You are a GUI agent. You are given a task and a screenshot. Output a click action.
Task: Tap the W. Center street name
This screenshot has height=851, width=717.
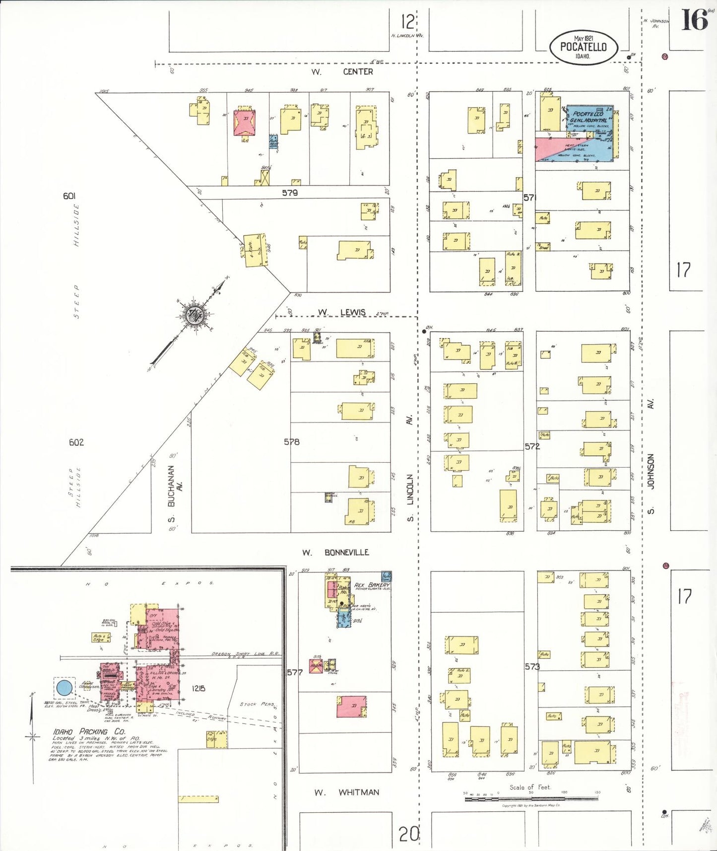point(342,72)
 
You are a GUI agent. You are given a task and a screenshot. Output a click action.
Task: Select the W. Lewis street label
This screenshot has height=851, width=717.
point(342,312)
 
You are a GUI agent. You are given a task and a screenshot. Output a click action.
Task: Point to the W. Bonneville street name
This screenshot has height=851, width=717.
point(336,553)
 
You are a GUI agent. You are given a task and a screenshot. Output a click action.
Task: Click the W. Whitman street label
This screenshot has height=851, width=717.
point(346,792)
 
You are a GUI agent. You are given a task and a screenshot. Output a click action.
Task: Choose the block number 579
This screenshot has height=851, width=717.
point(290,193)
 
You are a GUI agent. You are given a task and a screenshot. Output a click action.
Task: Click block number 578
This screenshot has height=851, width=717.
point(292,441)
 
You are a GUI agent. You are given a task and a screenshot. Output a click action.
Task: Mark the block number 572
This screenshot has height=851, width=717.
point(532,446)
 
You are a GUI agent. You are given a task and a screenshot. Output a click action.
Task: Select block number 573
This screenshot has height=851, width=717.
point(532,666)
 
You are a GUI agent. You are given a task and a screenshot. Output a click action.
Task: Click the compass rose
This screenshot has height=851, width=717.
point(194,315)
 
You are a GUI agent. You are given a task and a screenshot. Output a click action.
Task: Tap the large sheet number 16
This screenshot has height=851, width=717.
point(694,20)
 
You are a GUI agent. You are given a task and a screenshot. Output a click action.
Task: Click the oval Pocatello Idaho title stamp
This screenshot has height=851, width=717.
point(584,47)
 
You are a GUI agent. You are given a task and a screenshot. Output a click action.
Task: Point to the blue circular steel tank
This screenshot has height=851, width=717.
point(64,688)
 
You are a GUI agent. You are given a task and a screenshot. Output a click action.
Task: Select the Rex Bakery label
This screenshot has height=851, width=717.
point(372,585)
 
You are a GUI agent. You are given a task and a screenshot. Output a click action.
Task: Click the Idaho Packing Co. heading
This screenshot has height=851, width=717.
point(89,731)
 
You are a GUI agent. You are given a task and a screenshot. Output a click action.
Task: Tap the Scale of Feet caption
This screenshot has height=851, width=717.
point(530,787)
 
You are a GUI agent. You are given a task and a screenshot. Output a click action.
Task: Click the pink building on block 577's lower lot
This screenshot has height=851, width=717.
point(351,706)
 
